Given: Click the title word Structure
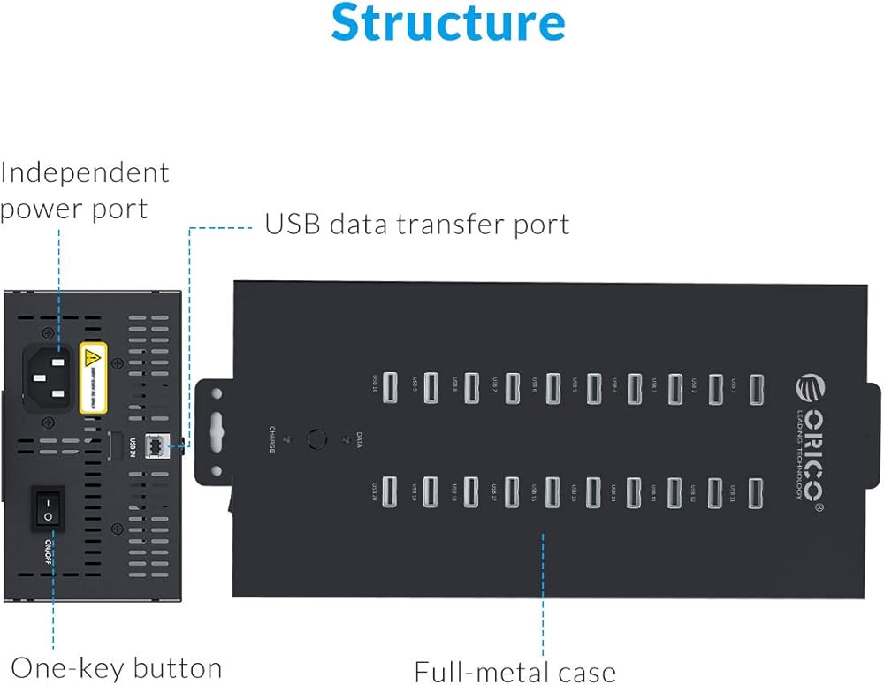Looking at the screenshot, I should coord(448,23).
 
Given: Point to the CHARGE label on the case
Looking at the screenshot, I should coord(272,439).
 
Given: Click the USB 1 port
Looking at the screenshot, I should coord(757,389).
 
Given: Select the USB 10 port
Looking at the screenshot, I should coord(390,389).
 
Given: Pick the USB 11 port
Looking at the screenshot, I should coord(756,492).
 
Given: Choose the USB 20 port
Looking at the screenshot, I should coord(390,492).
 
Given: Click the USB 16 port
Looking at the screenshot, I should coord(553,492).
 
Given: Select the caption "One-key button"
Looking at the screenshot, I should coord(117,667).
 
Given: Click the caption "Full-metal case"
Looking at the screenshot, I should coord(515,672).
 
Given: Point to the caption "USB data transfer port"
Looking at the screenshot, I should coord(417,225).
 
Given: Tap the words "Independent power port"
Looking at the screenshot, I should coord(84,190).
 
